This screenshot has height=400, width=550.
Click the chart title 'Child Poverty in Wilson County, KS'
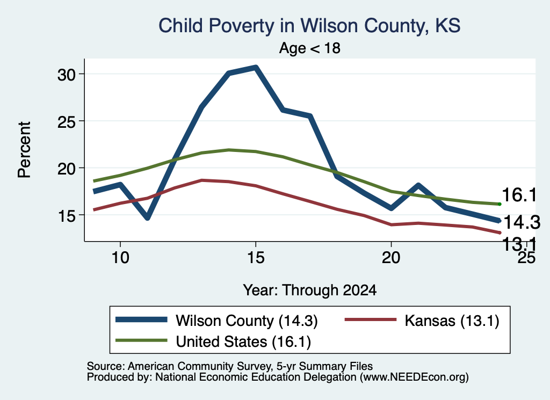pyautogui.click(x=309, y=26)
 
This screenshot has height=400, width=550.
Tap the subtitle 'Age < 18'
pyautogui.click(x=310, y=48)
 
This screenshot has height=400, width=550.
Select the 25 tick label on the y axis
pyautogui.click(x=66, y=121)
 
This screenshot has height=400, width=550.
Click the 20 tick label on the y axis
pyautogui.click(x=66, y=168)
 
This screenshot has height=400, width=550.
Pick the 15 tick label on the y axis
pyautogui.click(x=66, y=215)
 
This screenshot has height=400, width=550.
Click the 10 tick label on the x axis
pyautogui.click(x=120, y=258)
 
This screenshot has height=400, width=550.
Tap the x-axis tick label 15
pyautogui.click(x=256, y=258)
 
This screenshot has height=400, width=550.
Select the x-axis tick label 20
pyautogui.click(x=391, y=258)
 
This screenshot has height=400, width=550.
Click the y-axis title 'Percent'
pyautogui.click(x=25, y=150)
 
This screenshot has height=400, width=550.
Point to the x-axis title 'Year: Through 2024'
pyautogui.click(x=310, y=290)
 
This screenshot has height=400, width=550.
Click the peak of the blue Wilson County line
pyautogui.click(x=256, y=67)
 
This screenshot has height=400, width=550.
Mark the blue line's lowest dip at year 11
pyautogui.click(x=147, y=217)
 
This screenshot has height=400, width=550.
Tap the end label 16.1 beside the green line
pyautogui.click(x=519, y=195)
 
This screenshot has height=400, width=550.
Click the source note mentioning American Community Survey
pyautogui.click(x=230, y=366)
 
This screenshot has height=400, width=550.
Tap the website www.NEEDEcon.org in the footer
pyautogui.click(x=414, y=377)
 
